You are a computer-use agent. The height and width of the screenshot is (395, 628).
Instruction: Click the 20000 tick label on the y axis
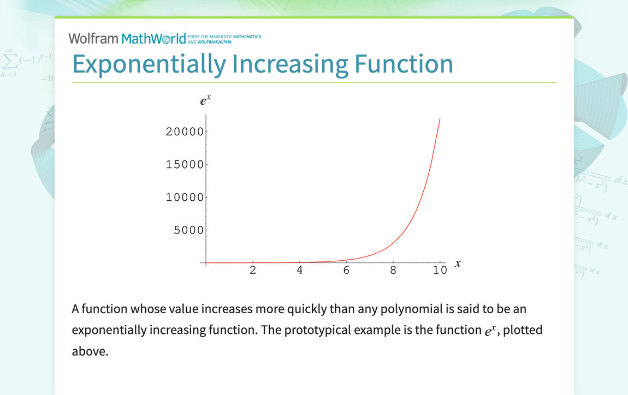pos(185,131)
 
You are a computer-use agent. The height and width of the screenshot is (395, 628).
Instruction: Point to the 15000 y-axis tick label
pos(185,164)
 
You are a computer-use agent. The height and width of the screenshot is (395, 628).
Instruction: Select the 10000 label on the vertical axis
pos(185,197)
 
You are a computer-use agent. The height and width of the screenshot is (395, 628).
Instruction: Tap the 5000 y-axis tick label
pos(188,230)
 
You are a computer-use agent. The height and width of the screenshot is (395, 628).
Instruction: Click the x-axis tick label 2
pos(253,270)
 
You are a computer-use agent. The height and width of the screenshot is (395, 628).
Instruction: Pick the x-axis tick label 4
pos(300,270)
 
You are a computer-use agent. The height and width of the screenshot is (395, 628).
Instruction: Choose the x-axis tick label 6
pos(346,270)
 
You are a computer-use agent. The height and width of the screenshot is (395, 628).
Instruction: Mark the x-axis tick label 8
pos(393,270)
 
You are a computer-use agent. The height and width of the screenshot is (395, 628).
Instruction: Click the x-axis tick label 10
pos(440,270)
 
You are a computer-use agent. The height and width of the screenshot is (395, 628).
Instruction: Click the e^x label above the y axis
pos(205,100)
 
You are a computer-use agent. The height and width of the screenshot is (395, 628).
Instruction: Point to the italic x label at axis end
pos(458,264)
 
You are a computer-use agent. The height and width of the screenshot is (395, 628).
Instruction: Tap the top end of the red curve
pos(440,118)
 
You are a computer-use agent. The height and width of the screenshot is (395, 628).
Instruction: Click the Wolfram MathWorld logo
pos(127,38)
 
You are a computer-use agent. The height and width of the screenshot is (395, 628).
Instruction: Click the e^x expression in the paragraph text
pos(488,331)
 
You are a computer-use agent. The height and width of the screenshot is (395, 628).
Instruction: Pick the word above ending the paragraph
pos(90,351)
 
